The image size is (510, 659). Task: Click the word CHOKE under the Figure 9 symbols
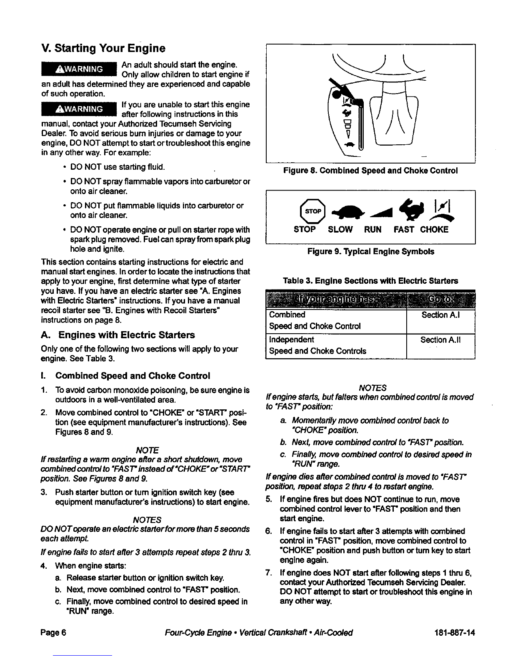coord(434,230)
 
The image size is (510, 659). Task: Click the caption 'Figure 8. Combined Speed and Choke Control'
coord(370,171)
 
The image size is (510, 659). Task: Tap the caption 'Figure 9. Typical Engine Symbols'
coord(370,252)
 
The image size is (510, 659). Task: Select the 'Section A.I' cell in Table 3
coord(440,315)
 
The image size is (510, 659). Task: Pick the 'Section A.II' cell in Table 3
coord(441,340)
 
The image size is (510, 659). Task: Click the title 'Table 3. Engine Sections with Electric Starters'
coord(370,281)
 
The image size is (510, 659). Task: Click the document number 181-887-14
coord(454,633)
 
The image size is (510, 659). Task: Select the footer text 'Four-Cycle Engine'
coord(198,633)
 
